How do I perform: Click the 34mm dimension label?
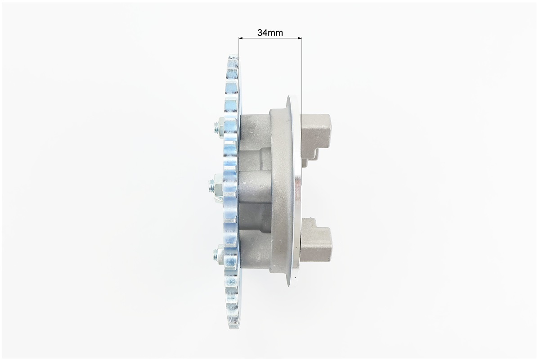tap(270, 32)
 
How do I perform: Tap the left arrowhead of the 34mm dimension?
tap(241, 38)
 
